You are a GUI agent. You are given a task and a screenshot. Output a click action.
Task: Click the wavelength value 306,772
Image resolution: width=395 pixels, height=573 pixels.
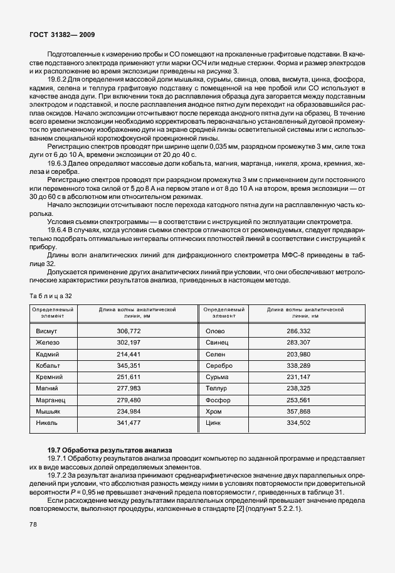pos(129,330)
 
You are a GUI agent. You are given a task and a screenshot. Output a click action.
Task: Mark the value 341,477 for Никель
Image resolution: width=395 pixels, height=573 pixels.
pos(129,423)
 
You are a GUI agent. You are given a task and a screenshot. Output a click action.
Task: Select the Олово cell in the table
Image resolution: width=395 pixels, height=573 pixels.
pos(216,330)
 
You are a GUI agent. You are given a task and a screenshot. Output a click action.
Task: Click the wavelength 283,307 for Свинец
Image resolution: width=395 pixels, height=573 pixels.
pos(298,342)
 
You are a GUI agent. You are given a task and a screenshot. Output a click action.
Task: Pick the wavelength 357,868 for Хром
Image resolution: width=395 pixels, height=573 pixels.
pos(298,411)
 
